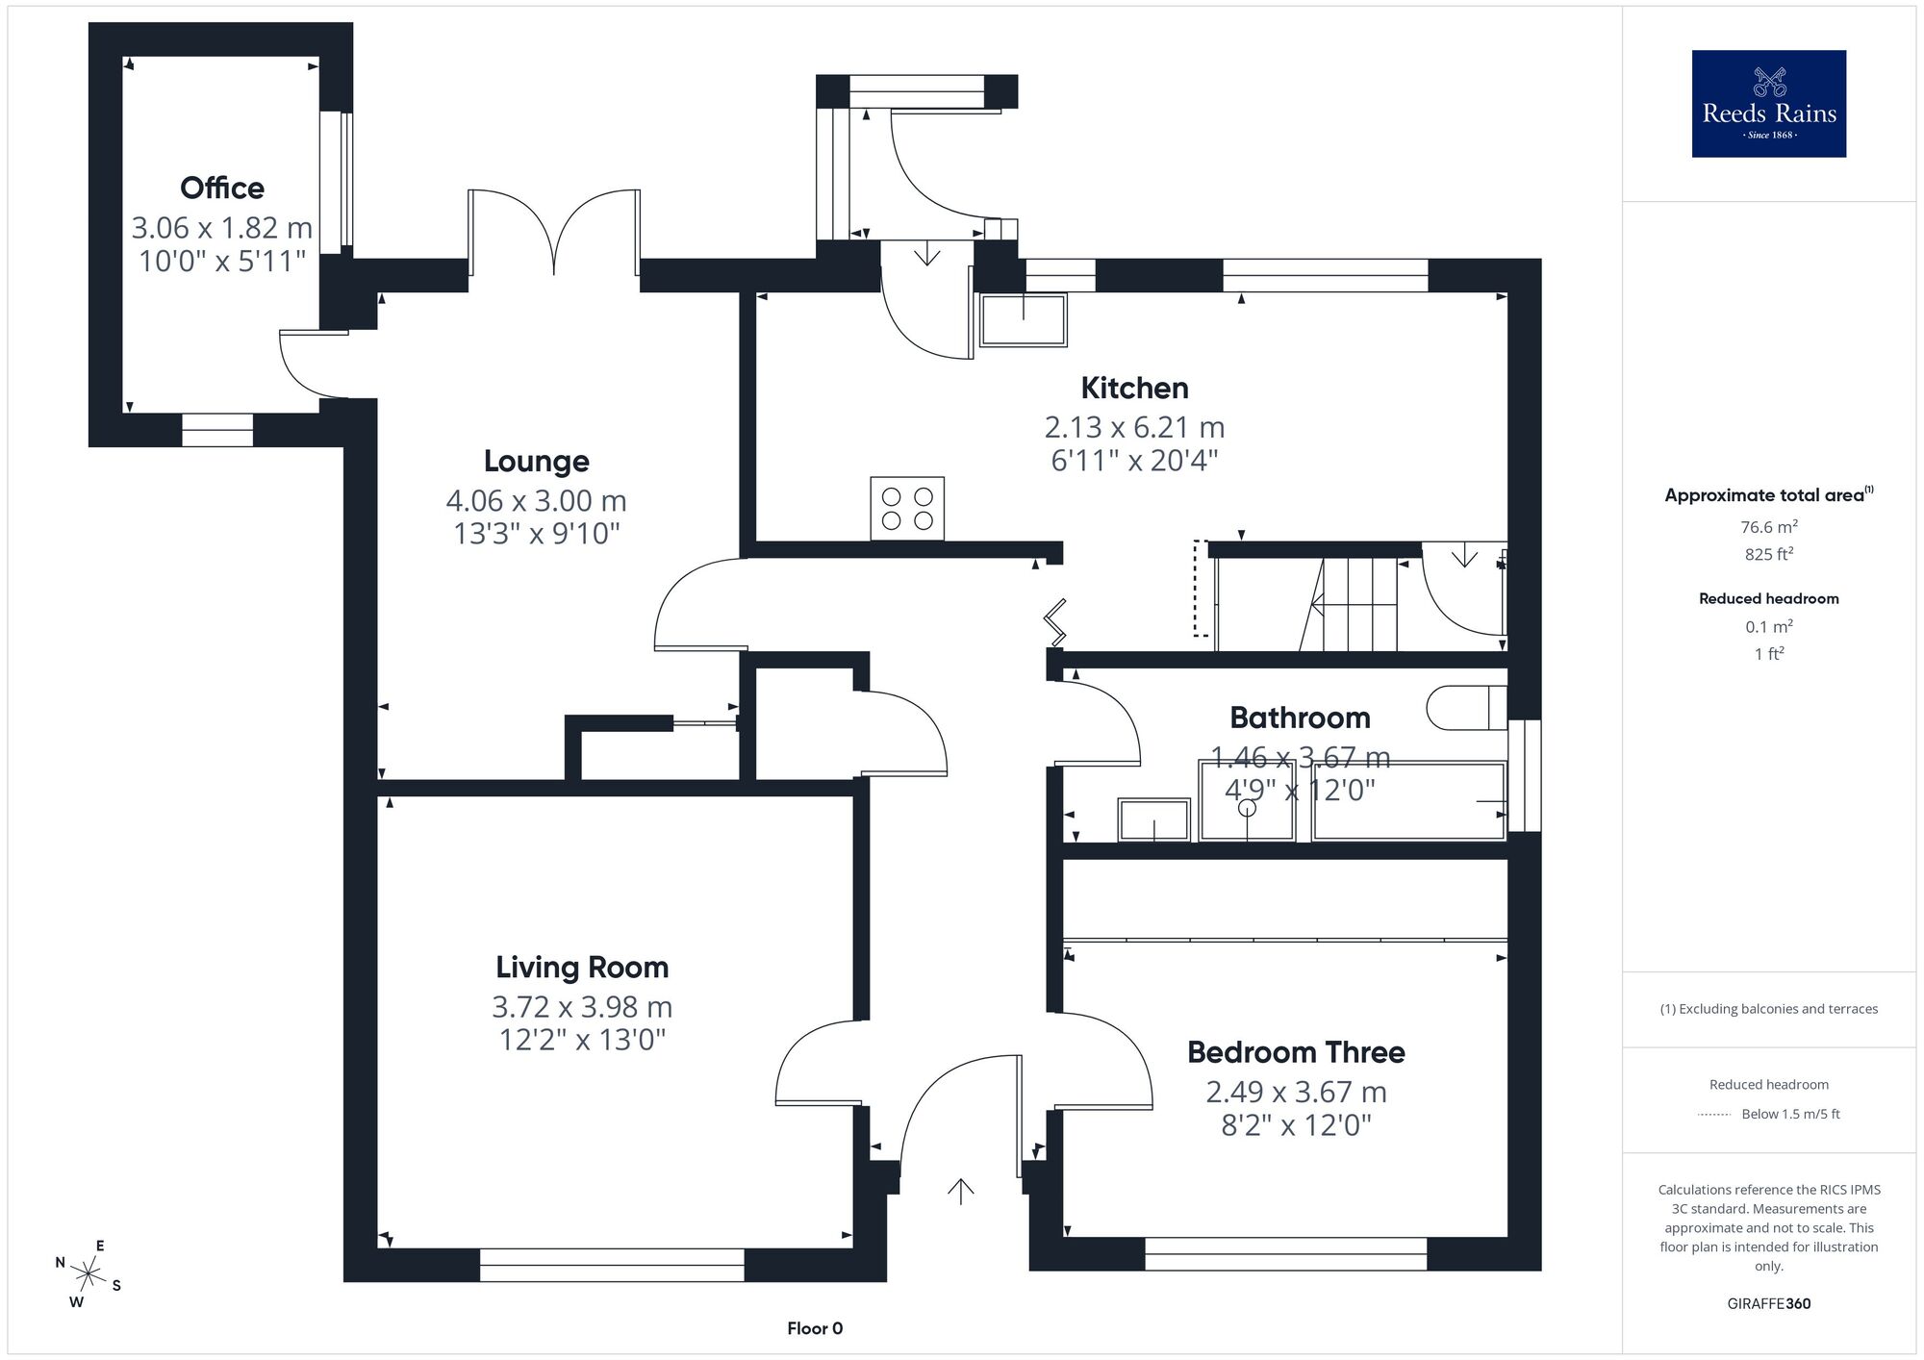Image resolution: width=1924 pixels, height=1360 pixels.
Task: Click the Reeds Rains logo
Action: [x=1769, y=104]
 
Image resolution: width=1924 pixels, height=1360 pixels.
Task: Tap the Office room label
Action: [x=222, y=188]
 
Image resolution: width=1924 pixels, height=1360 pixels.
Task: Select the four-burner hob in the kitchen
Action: [x=907, y=508]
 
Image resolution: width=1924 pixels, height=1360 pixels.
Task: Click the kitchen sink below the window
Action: [x=1023, y=319]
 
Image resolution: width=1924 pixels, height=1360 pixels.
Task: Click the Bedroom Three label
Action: [x=1296, y=1052]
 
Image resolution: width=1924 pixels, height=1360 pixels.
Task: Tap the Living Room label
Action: [x=582, y=967]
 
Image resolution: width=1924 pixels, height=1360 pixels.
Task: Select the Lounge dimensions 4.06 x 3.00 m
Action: [x=536, y=501]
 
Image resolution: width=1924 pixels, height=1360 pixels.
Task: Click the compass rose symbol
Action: [x=89, y=1275]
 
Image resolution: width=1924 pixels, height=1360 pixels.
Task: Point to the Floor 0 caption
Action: [x=815, y=1328]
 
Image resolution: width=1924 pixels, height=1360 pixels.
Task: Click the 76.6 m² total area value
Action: [x=1769, y=526]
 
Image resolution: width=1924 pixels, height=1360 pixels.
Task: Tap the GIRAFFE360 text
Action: [x=1769, y=1304]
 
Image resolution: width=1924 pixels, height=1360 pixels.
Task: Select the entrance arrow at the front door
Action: [x=960, y=1191]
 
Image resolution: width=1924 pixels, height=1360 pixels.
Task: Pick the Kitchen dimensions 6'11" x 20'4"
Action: [x=1134, y=461]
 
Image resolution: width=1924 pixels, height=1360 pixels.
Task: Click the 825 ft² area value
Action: [x=1769, y=554]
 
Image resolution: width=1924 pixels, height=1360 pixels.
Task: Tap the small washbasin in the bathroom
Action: [x=1154, y=819]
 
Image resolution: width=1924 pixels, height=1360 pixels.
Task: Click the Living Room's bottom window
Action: [x=612, y=1265]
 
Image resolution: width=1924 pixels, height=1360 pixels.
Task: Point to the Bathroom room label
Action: [x=1300, y=718]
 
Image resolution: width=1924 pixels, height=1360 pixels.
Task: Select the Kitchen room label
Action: [x=1134, y=388]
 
